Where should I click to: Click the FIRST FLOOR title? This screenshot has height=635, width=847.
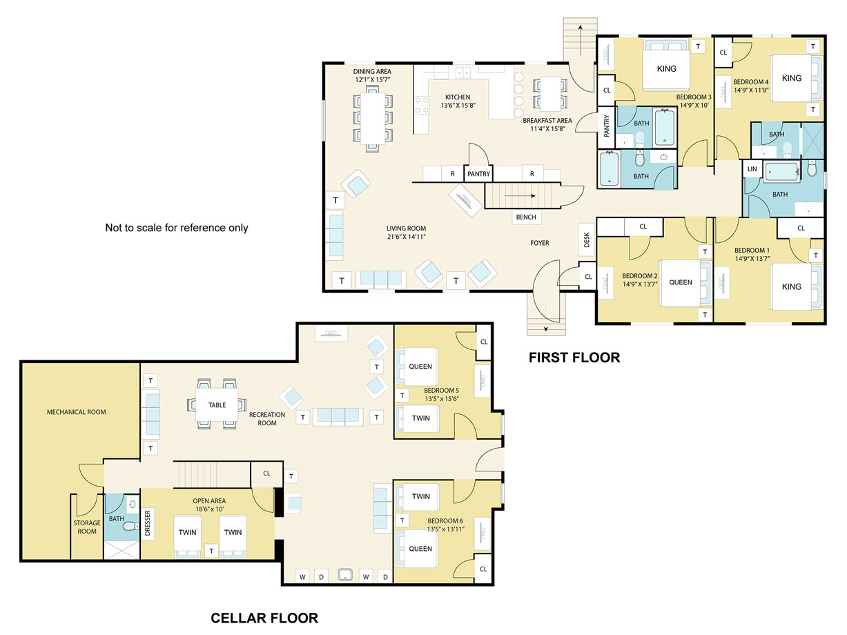click(574, 358)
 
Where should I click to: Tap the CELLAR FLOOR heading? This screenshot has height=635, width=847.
click(264, 618)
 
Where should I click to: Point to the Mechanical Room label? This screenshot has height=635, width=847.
click(77, 412)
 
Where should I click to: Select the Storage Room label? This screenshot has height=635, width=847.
click(87, 527)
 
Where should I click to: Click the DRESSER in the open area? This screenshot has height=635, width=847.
click(147, 523)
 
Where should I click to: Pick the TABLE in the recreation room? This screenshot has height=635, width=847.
click(217, 405)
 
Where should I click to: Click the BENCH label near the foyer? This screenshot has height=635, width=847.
click(526, 217)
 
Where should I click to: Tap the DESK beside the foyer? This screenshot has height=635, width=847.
click(587, 240)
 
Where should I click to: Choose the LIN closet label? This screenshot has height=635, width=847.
click(752, 168)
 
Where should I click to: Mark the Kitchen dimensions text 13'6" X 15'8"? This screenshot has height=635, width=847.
click(458, 106)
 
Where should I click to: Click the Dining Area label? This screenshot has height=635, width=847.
click(372, 71)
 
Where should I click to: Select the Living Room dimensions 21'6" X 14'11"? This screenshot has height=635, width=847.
click(407, 237)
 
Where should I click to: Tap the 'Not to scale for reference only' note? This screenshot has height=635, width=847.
click(177, 228)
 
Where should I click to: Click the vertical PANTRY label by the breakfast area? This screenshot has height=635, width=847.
click(606, 126)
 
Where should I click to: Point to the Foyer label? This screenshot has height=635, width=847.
click(539, 243)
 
